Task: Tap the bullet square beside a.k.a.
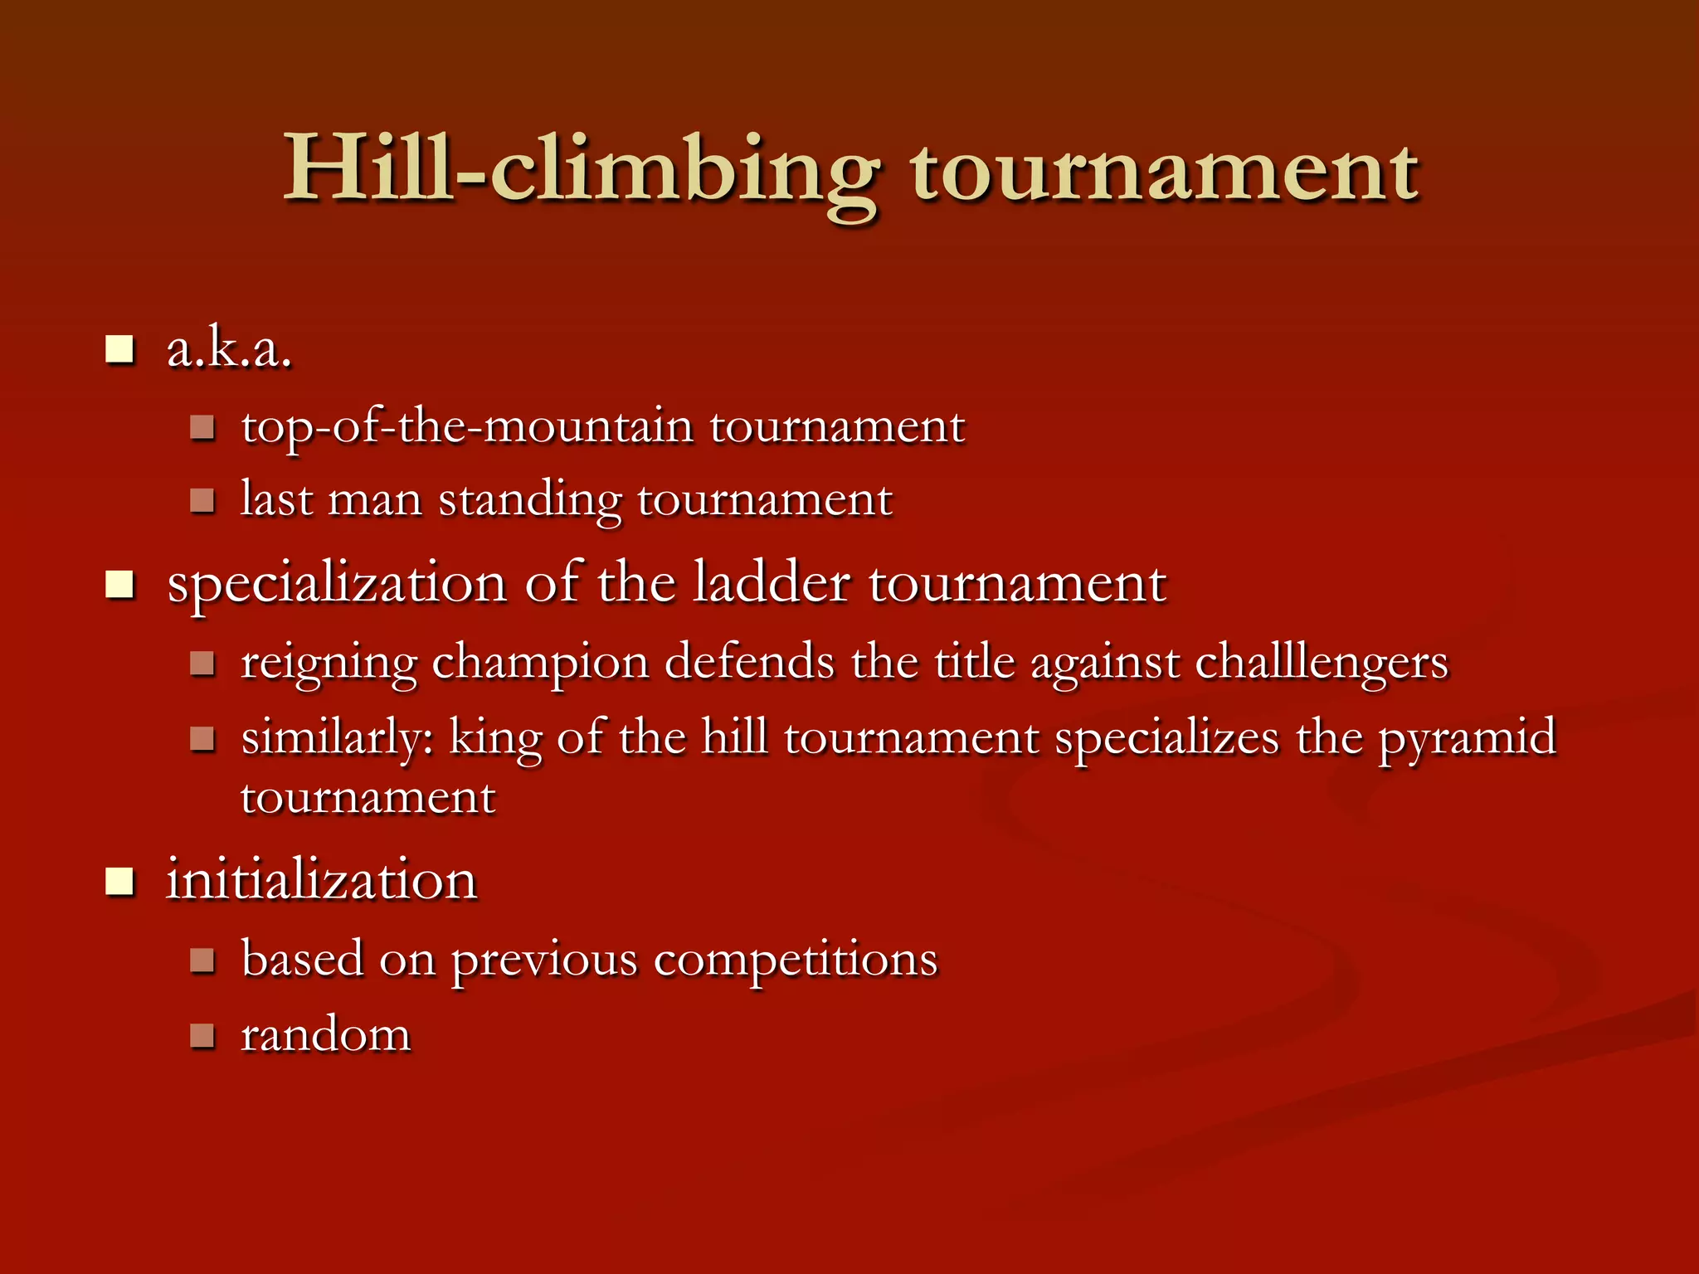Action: pyautogui.click(x=120, y=350)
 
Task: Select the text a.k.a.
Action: pyautogui.click(x=229, y=349)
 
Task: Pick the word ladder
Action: pyautogui.click(x=772, y=583)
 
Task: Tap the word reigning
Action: pyautogui.click(x=329, y=664)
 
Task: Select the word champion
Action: pyautogui.click(x=540, y=664)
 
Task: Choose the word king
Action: pyautogui.click(x=495, y=739)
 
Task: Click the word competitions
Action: pyautogui.click(x=796, y=960)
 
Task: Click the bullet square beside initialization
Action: pyautogui.click(x=120, y=882)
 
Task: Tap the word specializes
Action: pyautogui.click(x=1166, y=739)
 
